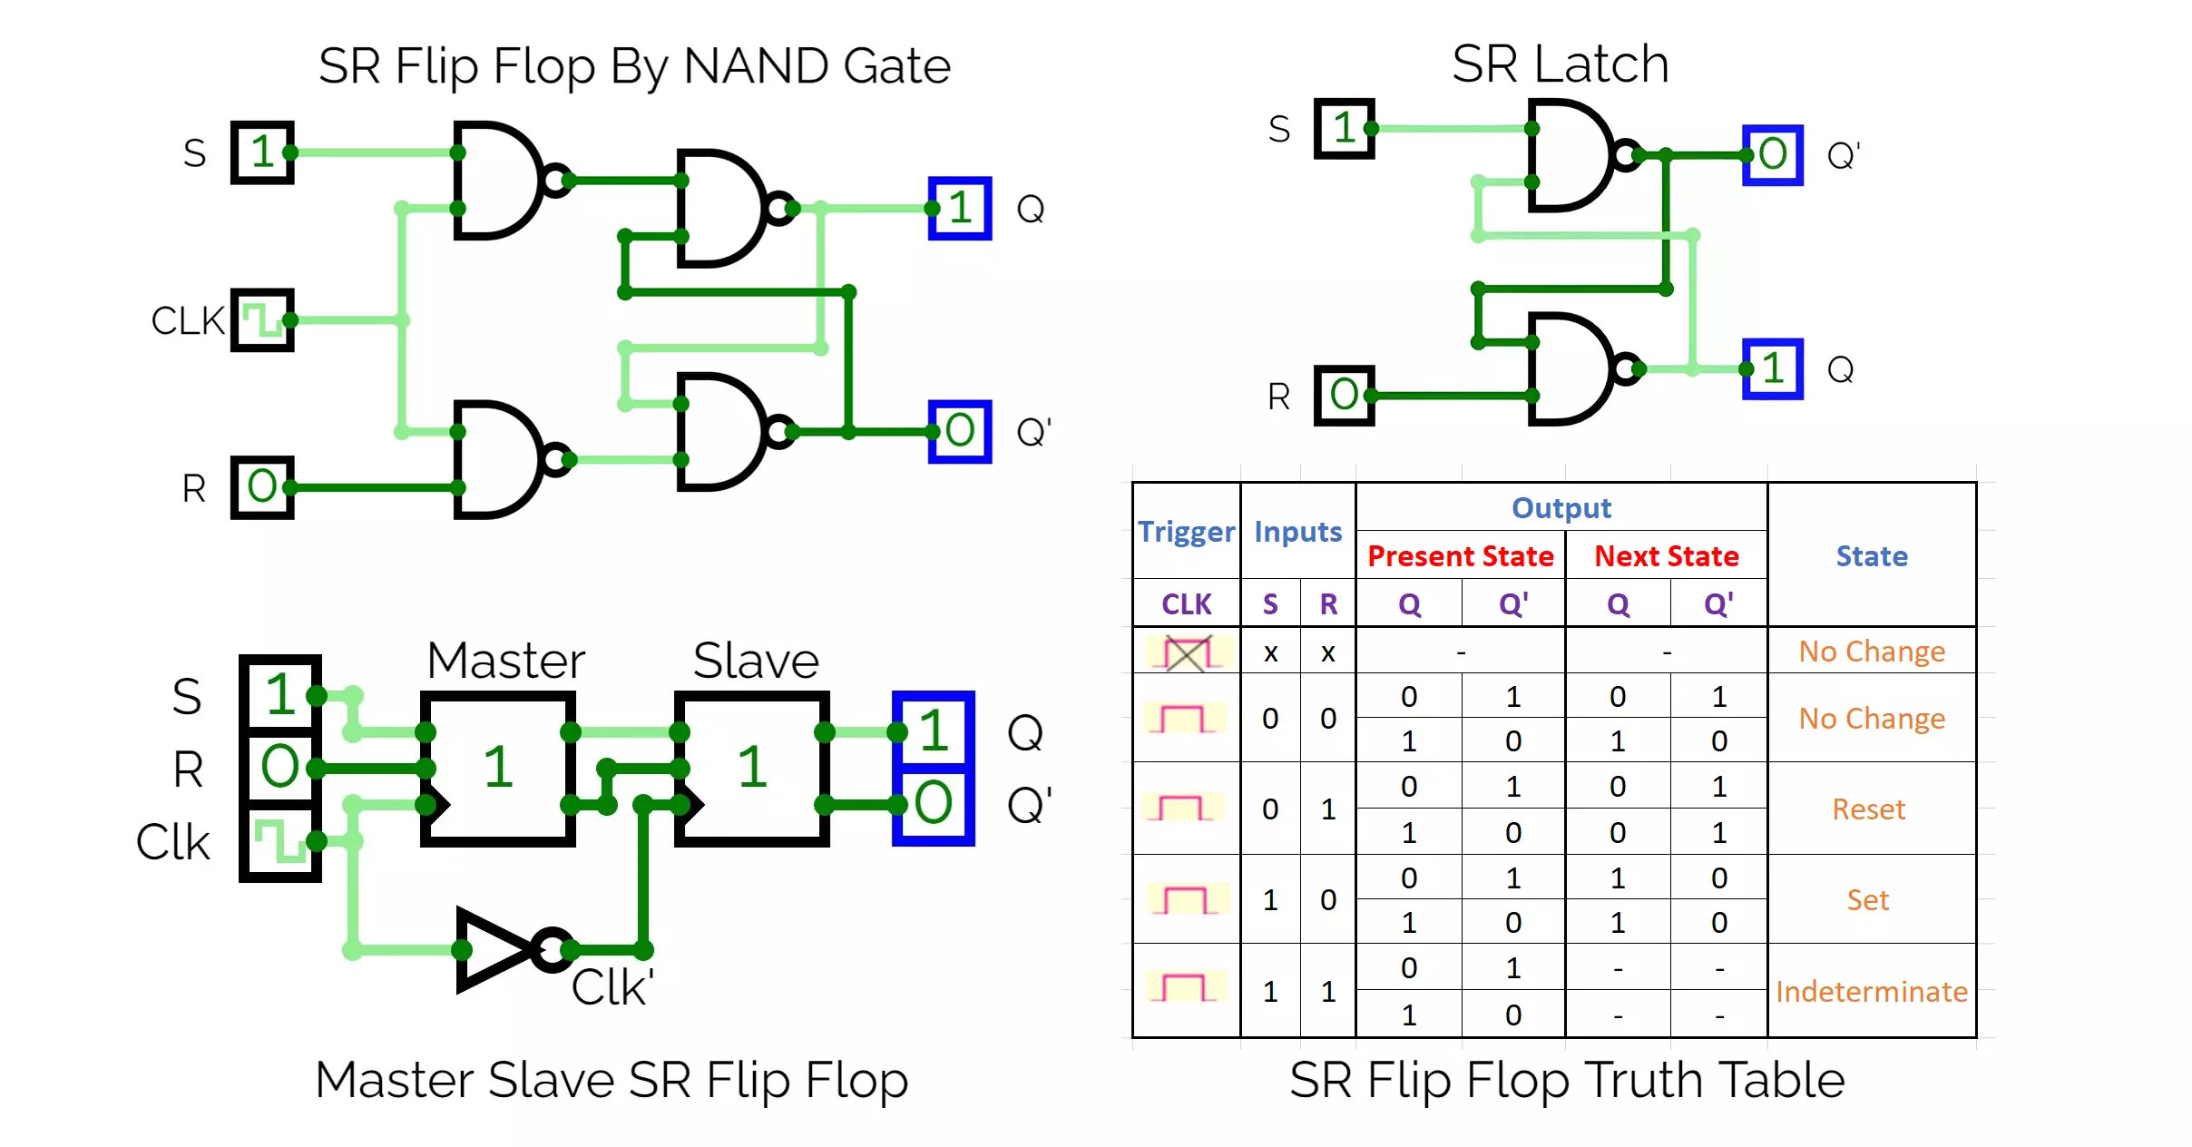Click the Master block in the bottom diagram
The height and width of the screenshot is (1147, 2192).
pos(497,768)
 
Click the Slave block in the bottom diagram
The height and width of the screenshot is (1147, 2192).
pos(751,768)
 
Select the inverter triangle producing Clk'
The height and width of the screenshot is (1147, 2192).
pos(494,949)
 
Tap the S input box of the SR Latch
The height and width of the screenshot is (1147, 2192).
pos(1344,128)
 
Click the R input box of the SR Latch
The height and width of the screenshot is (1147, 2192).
pos(1344,395)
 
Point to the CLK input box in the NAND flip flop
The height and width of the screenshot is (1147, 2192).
pos(262,319)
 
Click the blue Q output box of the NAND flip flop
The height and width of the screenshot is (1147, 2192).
pos(959,208)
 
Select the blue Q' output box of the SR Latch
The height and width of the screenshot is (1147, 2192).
pos(1772,154)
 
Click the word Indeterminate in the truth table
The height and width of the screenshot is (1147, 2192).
pos(1871,991)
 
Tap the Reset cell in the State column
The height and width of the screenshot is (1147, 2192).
pos(1868,809)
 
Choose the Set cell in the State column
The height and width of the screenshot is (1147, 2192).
pos(1867,899)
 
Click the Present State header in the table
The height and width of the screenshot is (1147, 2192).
pos(1460,555)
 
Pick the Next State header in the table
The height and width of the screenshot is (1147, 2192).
pos(1666,555)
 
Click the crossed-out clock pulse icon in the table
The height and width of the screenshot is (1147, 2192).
pos(1188,652)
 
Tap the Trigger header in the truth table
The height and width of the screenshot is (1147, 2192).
pos(1186,531)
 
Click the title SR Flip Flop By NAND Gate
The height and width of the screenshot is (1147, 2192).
pos(633,65)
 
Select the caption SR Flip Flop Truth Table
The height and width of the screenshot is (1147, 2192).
pos(1566,1080)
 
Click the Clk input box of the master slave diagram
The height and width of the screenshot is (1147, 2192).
pos(279,841)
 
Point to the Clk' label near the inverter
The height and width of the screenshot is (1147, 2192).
pos(612,987)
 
